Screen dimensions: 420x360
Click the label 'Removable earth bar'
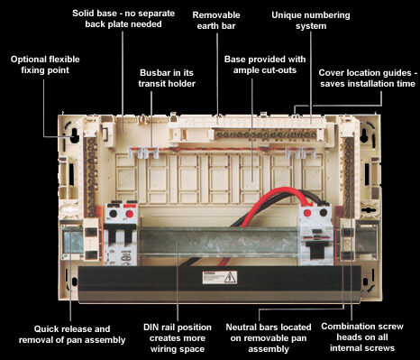216,20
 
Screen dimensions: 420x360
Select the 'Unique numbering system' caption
311,20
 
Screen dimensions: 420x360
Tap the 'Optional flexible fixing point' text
45,64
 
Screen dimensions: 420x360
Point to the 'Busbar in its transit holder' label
167,78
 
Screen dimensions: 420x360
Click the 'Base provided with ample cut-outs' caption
265,64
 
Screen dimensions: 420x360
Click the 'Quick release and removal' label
72,334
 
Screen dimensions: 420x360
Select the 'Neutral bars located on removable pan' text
269,337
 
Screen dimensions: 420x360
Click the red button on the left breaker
130,214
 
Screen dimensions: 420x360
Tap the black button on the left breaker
114,214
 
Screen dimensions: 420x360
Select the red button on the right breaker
307,213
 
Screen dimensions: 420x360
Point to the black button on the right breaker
324,212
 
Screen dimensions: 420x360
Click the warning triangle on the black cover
230,277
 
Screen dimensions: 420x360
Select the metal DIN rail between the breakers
218,242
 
